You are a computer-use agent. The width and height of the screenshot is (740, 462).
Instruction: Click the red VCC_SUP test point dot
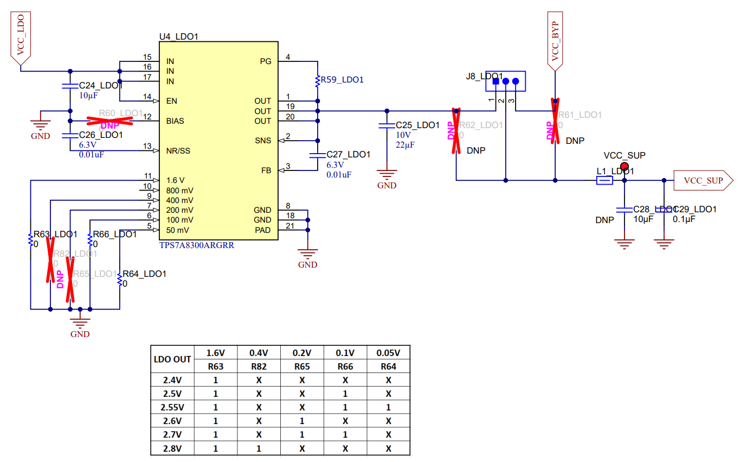click(x=624, y=166)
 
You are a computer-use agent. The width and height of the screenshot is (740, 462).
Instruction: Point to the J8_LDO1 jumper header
click(x=505, y=81)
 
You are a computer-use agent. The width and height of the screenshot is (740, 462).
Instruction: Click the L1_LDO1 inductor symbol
click(x=604, y=181)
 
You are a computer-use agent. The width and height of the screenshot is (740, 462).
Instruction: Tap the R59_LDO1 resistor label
click(x=342, y=80)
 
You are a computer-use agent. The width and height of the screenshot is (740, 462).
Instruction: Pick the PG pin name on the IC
click(x=265, y=61)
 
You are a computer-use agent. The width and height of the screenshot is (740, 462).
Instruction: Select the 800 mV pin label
click(x=179, y=191)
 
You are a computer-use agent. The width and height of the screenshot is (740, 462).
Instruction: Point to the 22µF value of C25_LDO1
click(x=406, y=144)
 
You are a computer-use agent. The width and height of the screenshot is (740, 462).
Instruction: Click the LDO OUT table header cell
click(x=172, y=359)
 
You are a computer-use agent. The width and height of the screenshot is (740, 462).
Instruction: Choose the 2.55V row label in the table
click(x=172, y=407)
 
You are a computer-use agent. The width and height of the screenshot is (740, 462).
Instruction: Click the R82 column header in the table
click(x=259, y=366)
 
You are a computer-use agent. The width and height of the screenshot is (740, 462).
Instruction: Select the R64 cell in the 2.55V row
click(x=388, y=407)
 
